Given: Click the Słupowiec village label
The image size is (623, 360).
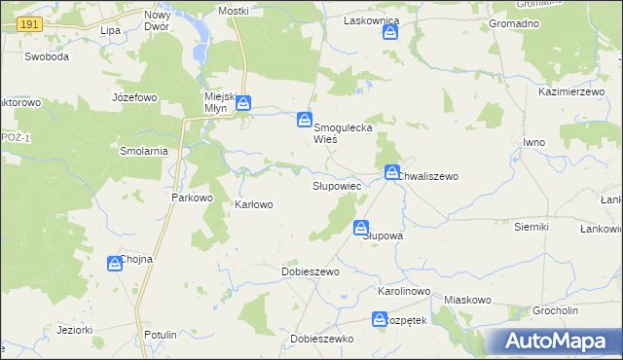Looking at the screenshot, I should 337,185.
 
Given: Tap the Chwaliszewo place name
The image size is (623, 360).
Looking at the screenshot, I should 427,176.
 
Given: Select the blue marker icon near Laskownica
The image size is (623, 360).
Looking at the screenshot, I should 390,33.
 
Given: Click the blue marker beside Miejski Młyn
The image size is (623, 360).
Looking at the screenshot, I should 243,102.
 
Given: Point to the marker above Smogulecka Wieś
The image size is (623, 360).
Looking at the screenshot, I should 305,121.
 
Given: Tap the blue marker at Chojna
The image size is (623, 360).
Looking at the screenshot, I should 114,264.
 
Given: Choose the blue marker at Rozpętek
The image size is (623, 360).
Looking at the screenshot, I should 380,319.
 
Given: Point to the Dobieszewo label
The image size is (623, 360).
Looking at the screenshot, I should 310,272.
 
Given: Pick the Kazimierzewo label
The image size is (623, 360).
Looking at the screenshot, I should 566,90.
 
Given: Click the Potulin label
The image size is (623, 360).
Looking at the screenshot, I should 159,335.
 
